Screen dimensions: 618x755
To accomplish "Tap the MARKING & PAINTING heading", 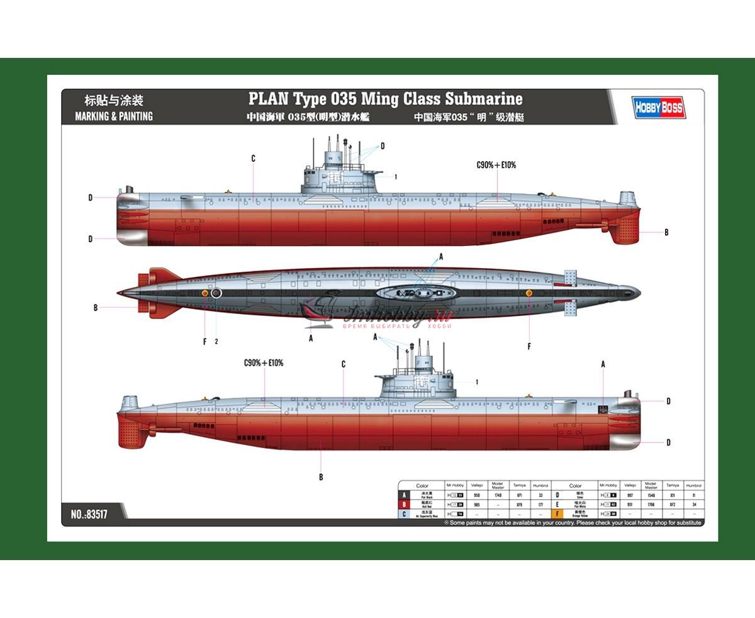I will (114, 116).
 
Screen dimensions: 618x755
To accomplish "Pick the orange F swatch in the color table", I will (557, 514).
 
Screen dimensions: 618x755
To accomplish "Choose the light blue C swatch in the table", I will (403, 514).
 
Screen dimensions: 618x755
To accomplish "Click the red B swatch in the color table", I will (403, 505).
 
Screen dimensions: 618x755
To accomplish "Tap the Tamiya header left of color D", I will (519, 486).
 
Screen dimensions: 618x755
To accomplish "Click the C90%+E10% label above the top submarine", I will (496, 165).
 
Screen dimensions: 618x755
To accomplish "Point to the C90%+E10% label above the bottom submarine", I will (264, 363).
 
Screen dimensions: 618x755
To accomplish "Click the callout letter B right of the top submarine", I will (666, 232).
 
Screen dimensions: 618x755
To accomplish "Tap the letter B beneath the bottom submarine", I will (320, 477).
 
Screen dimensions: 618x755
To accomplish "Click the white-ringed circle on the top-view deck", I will (216, 293).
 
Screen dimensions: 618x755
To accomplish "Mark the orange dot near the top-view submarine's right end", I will (528, 293).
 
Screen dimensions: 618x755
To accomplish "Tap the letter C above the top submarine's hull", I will (253, 159).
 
